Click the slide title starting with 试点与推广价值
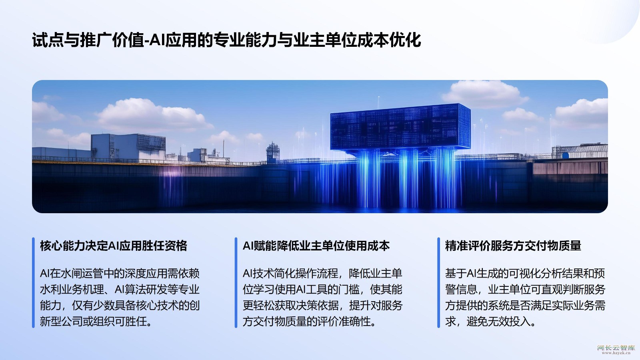226,40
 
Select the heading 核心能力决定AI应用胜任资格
114,246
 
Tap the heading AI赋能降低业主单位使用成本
316,246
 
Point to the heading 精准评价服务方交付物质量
513,246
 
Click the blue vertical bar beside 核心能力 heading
34,282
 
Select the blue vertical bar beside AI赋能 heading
236,282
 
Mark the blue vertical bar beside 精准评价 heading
438,282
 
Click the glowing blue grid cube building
400,128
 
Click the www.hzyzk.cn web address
616,353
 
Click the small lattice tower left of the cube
273,152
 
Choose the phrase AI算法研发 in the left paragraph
141,290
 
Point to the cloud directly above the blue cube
484,94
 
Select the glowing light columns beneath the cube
406,178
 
